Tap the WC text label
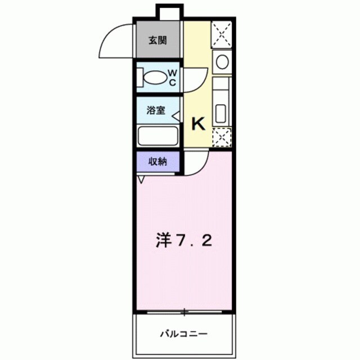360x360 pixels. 173,77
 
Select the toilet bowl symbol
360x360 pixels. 152,77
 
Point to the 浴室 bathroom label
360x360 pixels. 156,110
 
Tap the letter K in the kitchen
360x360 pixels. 199,122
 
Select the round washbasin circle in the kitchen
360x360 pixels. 222,61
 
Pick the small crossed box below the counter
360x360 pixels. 222,137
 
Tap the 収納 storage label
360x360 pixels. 157,161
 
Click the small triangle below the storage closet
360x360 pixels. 141,179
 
